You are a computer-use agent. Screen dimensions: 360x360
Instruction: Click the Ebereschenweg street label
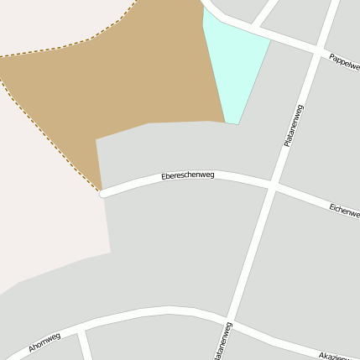[x=188, y=175]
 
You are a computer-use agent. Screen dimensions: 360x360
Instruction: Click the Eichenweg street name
[x=344, y=209]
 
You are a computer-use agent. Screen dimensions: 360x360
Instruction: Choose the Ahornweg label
[x=44, y=342]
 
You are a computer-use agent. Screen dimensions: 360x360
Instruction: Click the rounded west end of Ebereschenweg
[x=102, y=194]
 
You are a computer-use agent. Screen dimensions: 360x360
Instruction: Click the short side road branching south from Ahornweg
[x=85, y=344]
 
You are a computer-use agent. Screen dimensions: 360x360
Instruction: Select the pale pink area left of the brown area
[x=42, y=193]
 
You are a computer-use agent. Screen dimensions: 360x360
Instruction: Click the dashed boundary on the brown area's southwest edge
[x=50, y=126]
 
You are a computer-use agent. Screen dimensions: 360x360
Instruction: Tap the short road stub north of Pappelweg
[x=267, y=13]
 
